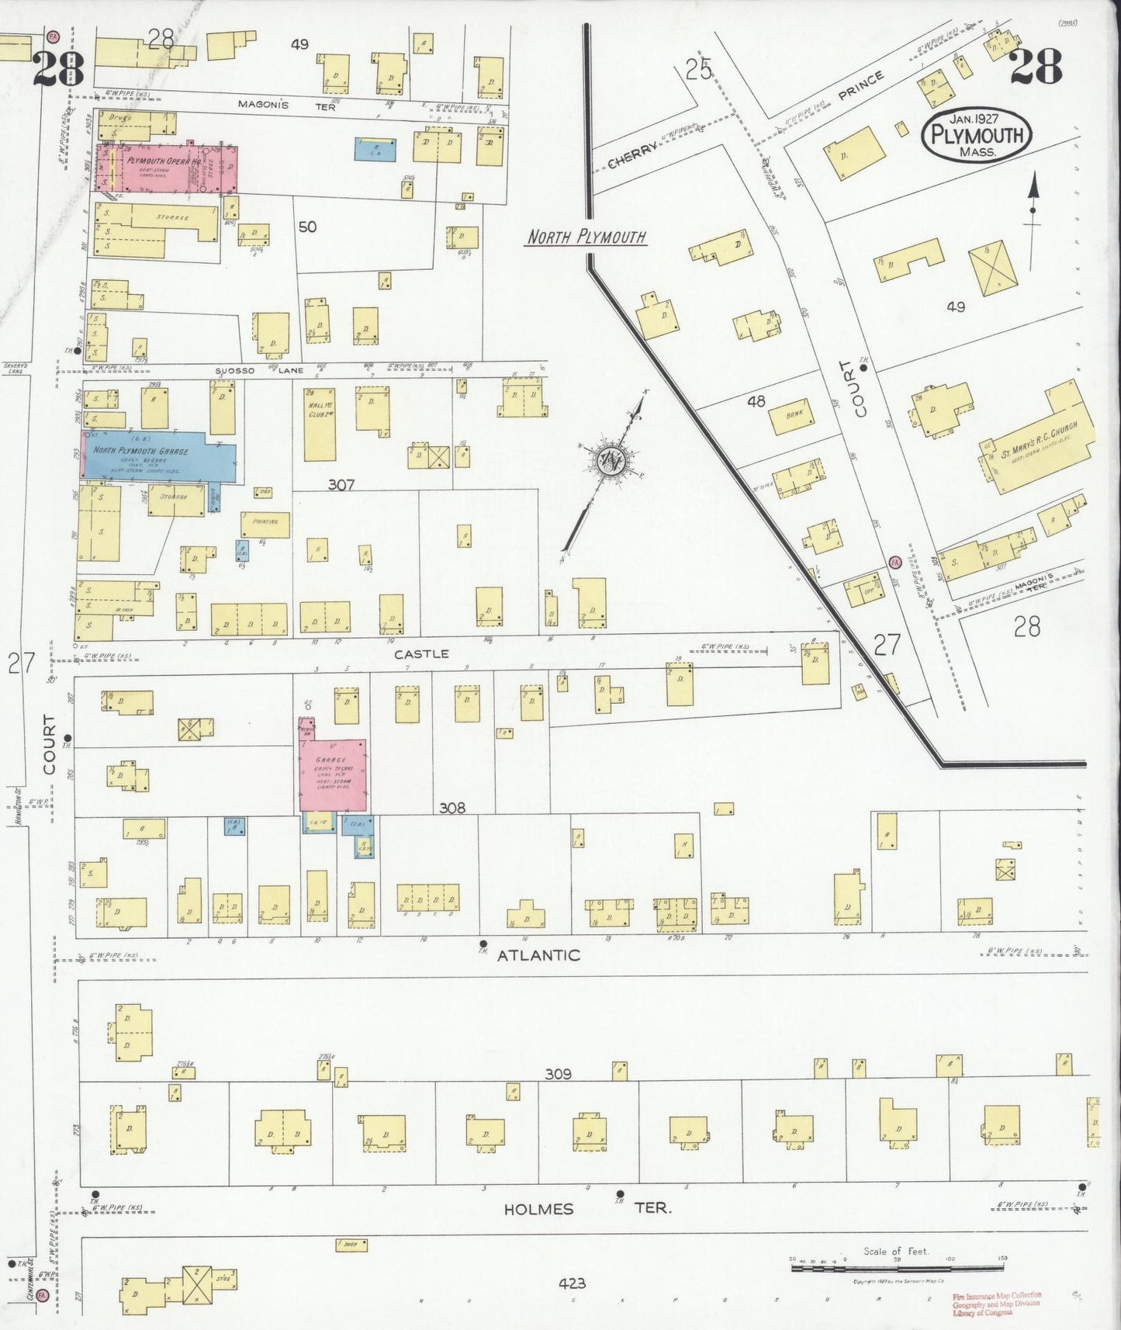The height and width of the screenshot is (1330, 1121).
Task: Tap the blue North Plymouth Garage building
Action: (x=155, y=455)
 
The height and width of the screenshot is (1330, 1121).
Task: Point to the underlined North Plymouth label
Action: (x=586, y=237)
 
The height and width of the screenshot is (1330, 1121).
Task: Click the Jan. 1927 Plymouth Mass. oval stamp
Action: (x=977, y=134)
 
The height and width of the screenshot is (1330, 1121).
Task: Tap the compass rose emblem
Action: (x=611, y=461)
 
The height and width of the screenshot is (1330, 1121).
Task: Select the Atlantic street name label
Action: (x=538, y=955)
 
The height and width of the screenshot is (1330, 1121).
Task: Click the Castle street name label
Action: (x=421, y=653)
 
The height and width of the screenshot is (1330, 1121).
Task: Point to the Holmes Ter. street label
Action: (x=586, y=1209)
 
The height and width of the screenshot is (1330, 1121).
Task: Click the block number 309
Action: (x=558, y=1074)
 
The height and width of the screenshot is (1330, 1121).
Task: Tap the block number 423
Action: (x=572, y=1283)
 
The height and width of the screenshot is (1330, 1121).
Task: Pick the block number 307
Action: (x=341, y=484)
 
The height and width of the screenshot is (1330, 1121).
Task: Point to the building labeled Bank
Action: (x=792, y=417)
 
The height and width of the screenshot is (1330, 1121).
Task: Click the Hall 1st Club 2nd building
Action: (x=320, y=424)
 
